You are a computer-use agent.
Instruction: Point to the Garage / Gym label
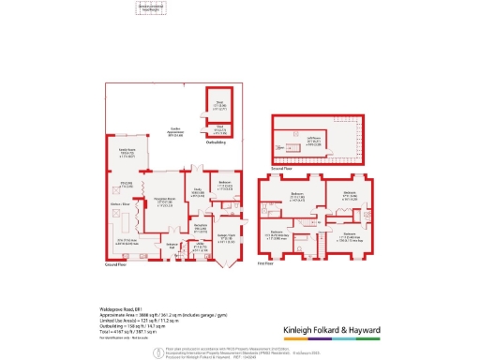[226, 238]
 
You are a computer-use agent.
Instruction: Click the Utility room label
[200, 247]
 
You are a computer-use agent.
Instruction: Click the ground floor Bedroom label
[226, 184]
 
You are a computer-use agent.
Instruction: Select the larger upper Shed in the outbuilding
[220, 106]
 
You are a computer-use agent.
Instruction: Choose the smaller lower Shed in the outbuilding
[220, 128]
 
